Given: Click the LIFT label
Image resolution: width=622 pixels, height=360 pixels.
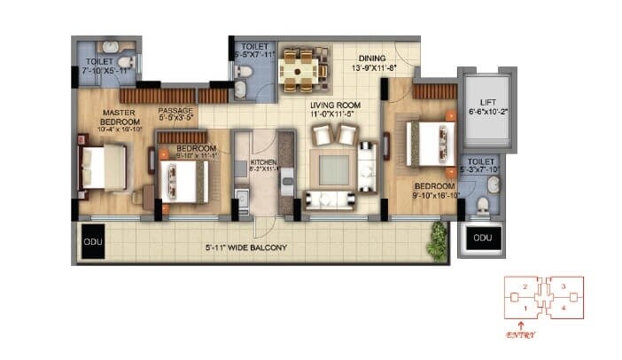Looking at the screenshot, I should coord(486,102).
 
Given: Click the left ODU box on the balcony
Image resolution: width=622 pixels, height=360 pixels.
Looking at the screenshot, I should coord(91,241).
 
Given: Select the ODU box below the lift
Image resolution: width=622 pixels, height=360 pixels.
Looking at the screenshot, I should coord(481,239).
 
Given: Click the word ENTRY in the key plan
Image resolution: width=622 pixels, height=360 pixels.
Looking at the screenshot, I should coord(521,335).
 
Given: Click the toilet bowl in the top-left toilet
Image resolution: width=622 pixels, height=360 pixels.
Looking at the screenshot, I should coord(125,63).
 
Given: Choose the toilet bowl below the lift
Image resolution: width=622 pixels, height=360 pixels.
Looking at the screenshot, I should coord(481,206).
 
